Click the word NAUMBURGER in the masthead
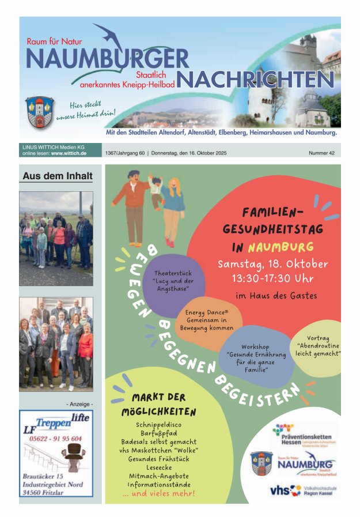[x=108, y=58]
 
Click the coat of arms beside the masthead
[x=39, y=111]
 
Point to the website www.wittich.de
[x=69, y=154]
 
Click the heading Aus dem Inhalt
[x=57, y=176]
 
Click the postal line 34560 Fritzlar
[x=46, y=493]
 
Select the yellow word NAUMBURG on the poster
[x=281, y=247]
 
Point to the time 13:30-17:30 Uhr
[x=272, y=278]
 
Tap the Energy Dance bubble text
[x=207, y=320]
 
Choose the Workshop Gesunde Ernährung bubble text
[x=255, y=358]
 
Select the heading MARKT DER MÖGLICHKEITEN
[x=159, y=405]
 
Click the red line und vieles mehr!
[x=159, y=493]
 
